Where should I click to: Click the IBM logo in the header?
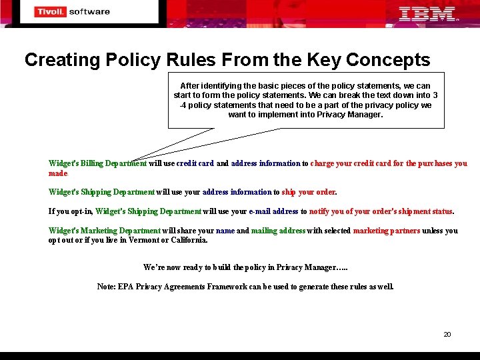(x=427, y=13)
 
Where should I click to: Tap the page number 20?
(x=447, y=334)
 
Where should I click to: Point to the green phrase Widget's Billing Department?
(x=97, y=163)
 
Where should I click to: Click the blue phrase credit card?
(x=195, y=163)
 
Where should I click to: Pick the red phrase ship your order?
(x=308, y=192)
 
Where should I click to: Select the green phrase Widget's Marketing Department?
(x=104, y=231)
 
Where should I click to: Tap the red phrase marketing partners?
(x=387, y=231)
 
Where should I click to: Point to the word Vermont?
(x=141, y=240)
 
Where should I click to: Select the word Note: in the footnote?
(x=106, y=287)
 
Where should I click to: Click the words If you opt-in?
(x=71, y=211)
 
